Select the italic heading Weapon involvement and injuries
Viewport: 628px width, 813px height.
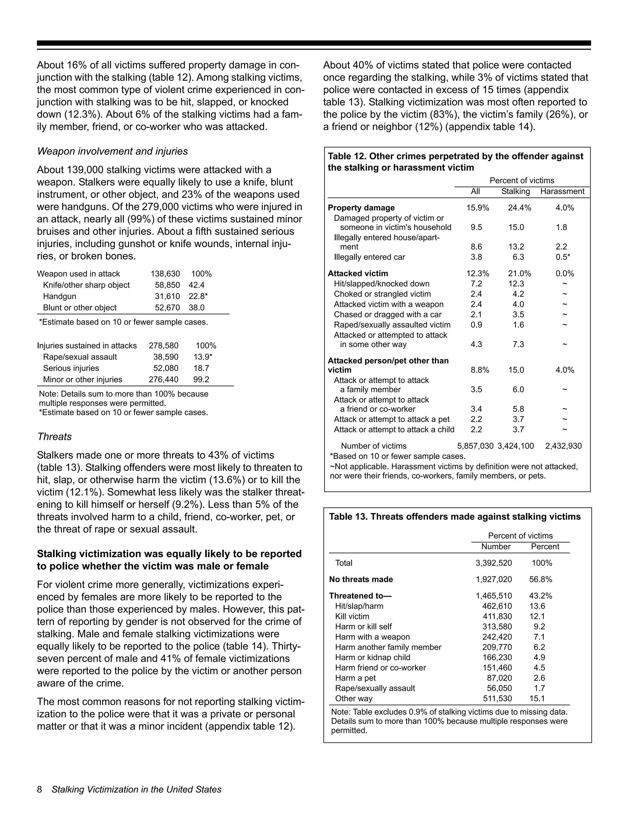[112, 152]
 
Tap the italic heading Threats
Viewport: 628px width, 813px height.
[54, 437]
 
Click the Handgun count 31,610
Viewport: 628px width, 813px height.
[167, 296]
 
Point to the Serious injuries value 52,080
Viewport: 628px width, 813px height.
[166, 368]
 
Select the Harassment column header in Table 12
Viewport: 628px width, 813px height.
[562, 191]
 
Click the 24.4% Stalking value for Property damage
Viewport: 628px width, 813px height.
[519, 208]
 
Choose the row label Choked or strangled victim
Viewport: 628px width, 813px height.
[382, 294]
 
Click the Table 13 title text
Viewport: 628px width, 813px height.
[455, 517]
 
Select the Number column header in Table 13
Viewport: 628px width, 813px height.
[496, 546]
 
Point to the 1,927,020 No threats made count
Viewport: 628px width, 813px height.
[493, 579]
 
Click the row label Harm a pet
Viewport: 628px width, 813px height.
[355, 678]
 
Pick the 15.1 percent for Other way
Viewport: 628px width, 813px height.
[537, 698]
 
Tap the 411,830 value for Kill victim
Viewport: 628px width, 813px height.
[497, 616]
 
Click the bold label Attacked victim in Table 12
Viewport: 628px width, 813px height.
[358, 274]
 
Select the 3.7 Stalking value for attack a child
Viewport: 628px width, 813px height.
[518, 430]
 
